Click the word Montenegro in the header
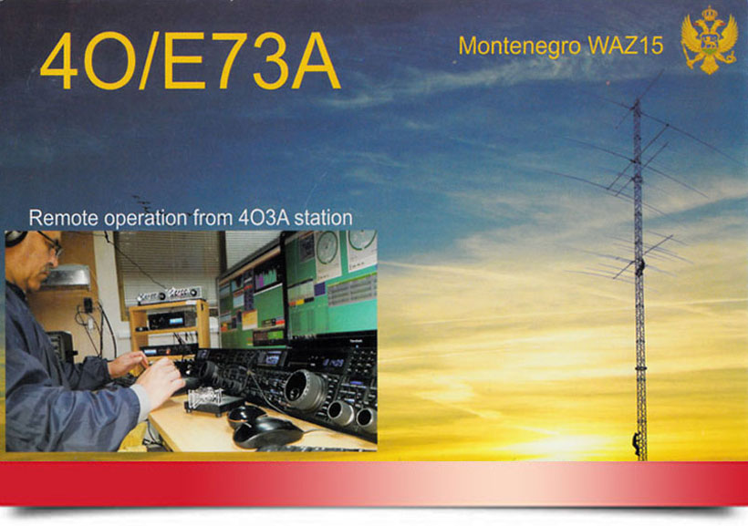[520, 46]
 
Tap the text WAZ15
[626, 46]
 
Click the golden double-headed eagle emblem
[709, 40]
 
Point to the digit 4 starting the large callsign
[60, 61]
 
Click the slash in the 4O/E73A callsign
[150, 61]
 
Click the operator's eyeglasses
[51, 244]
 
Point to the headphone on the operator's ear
[15, 238]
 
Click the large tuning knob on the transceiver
[305, 390]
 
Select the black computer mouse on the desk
[267, 432]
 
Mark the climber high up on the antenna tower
[640, 267]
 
